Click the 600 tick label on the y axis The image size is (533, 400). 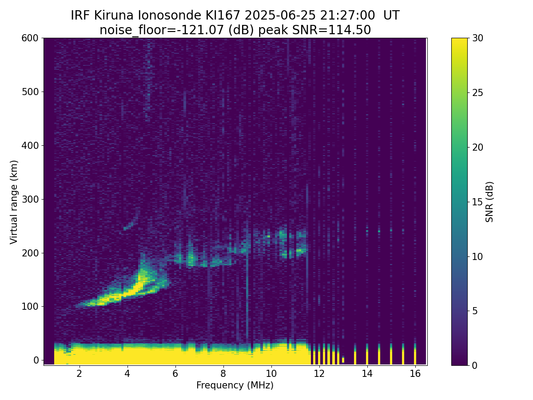(x=30, y=38)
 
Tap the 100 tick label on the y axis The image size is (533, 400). (x=30, y=307)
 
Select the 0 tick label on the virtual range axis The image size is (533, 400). (x=36, y=360)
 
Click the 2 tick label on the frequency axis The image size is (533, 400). (x=79, y=373)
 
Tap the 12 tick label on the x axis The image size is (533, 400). (x=319, y=373)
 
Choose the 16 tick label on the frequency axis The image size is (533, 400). (x=415, y=373)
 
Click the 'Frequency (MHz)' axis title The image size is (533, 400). (x=235, y=385)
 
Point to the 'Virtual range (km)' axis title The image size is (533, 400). (x=14, y=202)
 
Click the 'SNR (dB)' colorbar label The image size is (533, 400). (x=489, y=202)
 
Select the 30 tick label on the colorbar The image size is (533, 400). (x=477, y=38)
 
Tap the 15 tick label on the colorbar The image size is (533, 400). (x=477, y=202)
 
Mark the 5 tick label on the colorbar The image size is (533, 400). (x=475, y=311)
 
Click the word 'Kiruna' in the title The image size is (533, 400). (x=114, y=16)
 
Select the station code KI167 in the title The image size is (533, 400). (x=223, y=16)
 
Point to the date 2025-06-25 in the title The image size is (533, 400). (x=280, y=16)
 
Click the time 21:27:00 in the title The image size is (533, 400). (x=347, y=16)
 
